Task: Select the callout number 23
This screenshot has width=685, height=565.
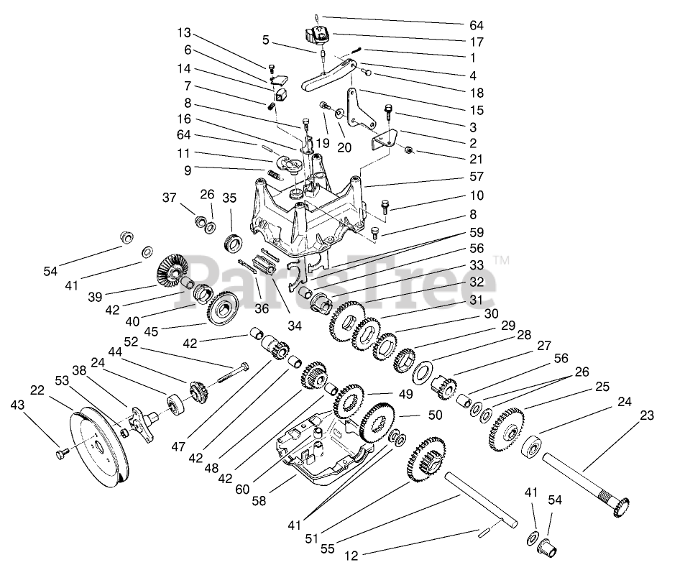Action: click(x=648, y=415)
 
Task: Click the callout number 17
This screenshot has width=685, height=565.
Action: click(x=477, y=42)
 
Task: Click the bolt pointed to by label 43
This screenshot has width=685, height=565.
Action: click(x=62, y=454)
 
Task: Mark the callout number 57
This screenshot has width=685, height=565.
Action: click(x=477, y=176)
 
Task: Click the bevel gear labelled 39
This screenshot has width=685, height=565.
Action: click(x=169, y=268)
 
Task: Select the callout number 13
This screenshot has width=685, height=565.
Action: click(x=185, y=34)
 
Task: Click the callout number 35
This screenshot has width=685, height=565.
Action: click(x=229, y=198)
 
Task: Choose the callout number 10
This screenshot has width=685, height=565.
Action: click(x=477, y=196)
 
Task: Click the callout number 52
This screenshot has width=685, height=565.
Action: click(x=132, y=341)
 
